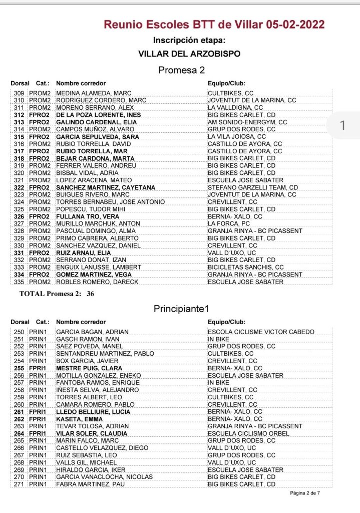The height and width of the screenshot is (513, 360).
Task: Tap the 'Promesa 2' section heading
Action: coord(181,70)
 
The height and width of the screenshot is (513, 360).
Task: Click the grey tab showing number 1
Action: coord(342,125)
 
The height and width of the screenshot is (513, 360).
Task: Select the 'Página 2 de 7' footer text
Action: coord(305,493)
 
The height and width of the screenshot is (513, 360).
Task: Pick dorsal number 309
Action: coord(19,93)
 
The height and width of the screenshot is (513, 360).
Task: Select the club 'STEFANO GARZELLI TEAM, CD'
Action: coord(253,187)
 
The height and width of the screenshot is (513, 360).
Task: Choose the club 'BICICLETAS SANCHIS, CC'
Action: coord(246,267)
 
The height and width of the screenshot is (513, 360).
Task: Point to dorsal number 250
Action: coord(19,332)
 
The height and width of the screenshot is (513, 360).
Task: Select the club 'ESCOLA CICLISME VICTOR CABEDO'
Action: coord(261,332)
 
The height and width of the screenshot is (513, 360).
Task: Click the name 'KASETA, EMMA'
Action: coord(76,419)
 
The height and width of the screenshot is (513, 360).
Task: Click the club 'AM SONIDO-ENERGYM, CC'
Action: coord(247,122)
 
